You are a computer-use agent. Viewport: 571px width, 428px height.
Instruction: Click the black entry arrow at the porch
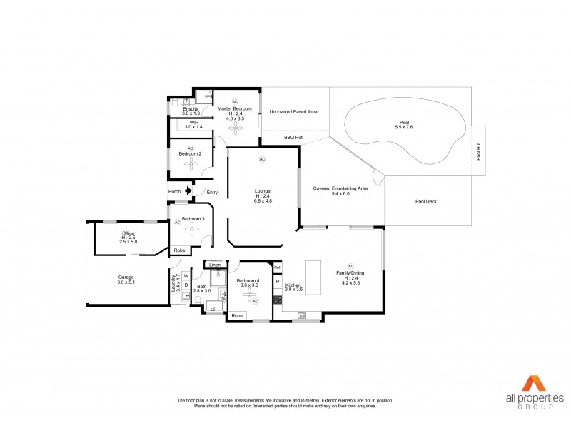(188, 190)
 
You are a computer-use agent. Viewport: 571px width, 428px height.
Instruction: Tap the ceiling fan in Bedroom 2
(191, 163)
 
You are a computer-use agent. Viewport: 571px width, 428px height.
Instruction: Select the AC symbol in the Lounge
(262, 158)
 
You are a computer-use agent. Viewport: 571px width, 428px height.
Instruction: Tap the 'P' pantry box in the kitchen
(277, 282)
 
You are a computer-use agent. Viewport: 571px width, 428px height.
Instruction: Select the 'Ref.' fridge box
(277, 268)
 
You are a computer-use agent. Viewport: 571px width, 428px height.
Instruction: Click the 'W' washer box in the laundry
(186, 275)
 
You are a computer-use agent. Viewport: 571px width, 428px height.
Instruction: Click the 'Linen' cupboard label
(214, 265)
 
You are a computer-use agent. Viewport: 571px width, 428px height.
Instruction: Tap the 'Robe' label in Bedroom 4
(237, 315)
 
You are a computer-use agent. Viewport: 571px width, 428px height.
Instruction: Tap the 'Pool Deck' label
(426, 201)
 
